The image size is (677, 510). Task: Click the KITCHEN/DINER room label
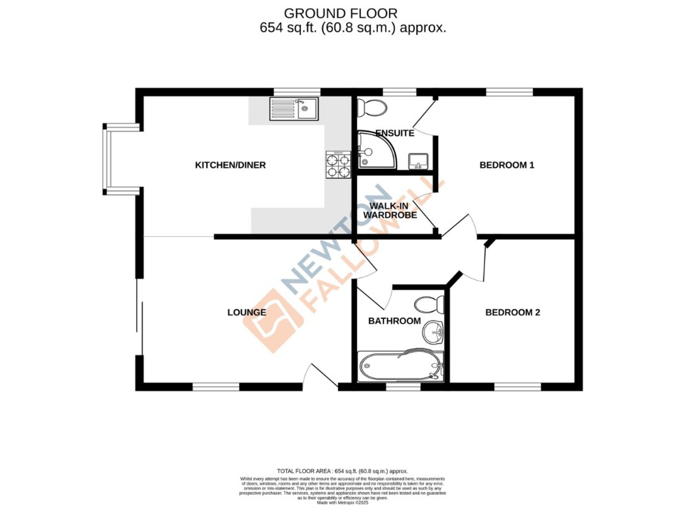(x=230, y=165)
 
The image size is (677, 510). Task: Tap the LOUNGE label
(x=246, y=312)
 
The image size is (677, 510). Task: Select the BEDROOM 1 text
(x=506, y=165)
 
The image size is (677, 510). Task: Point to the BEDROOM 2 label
(x=512, y=312)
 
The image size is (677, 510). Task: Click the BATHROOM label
(x=394, y=321)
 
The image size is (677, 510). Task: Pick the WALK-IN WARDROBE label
(x=390, y=210)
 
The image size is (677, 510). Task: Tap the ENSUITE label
(x=395, y=133)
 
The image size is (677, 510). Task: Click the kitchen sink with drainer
(x=294, y=109)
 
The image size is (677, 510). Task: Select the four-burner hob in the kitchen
(x=338, y=165)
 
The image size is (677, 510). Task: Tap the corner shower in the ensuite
(x=375, y=150)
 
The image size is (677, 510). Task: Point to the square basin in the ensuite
(x=418, y=161)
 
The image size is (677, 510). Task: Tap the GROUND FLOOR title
(x=340, y=14)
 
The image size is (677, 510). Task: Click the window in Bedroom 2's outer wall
(x=517, y=386)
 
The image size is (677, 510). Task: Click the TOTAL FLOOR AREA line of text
(x=342, y=471)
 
